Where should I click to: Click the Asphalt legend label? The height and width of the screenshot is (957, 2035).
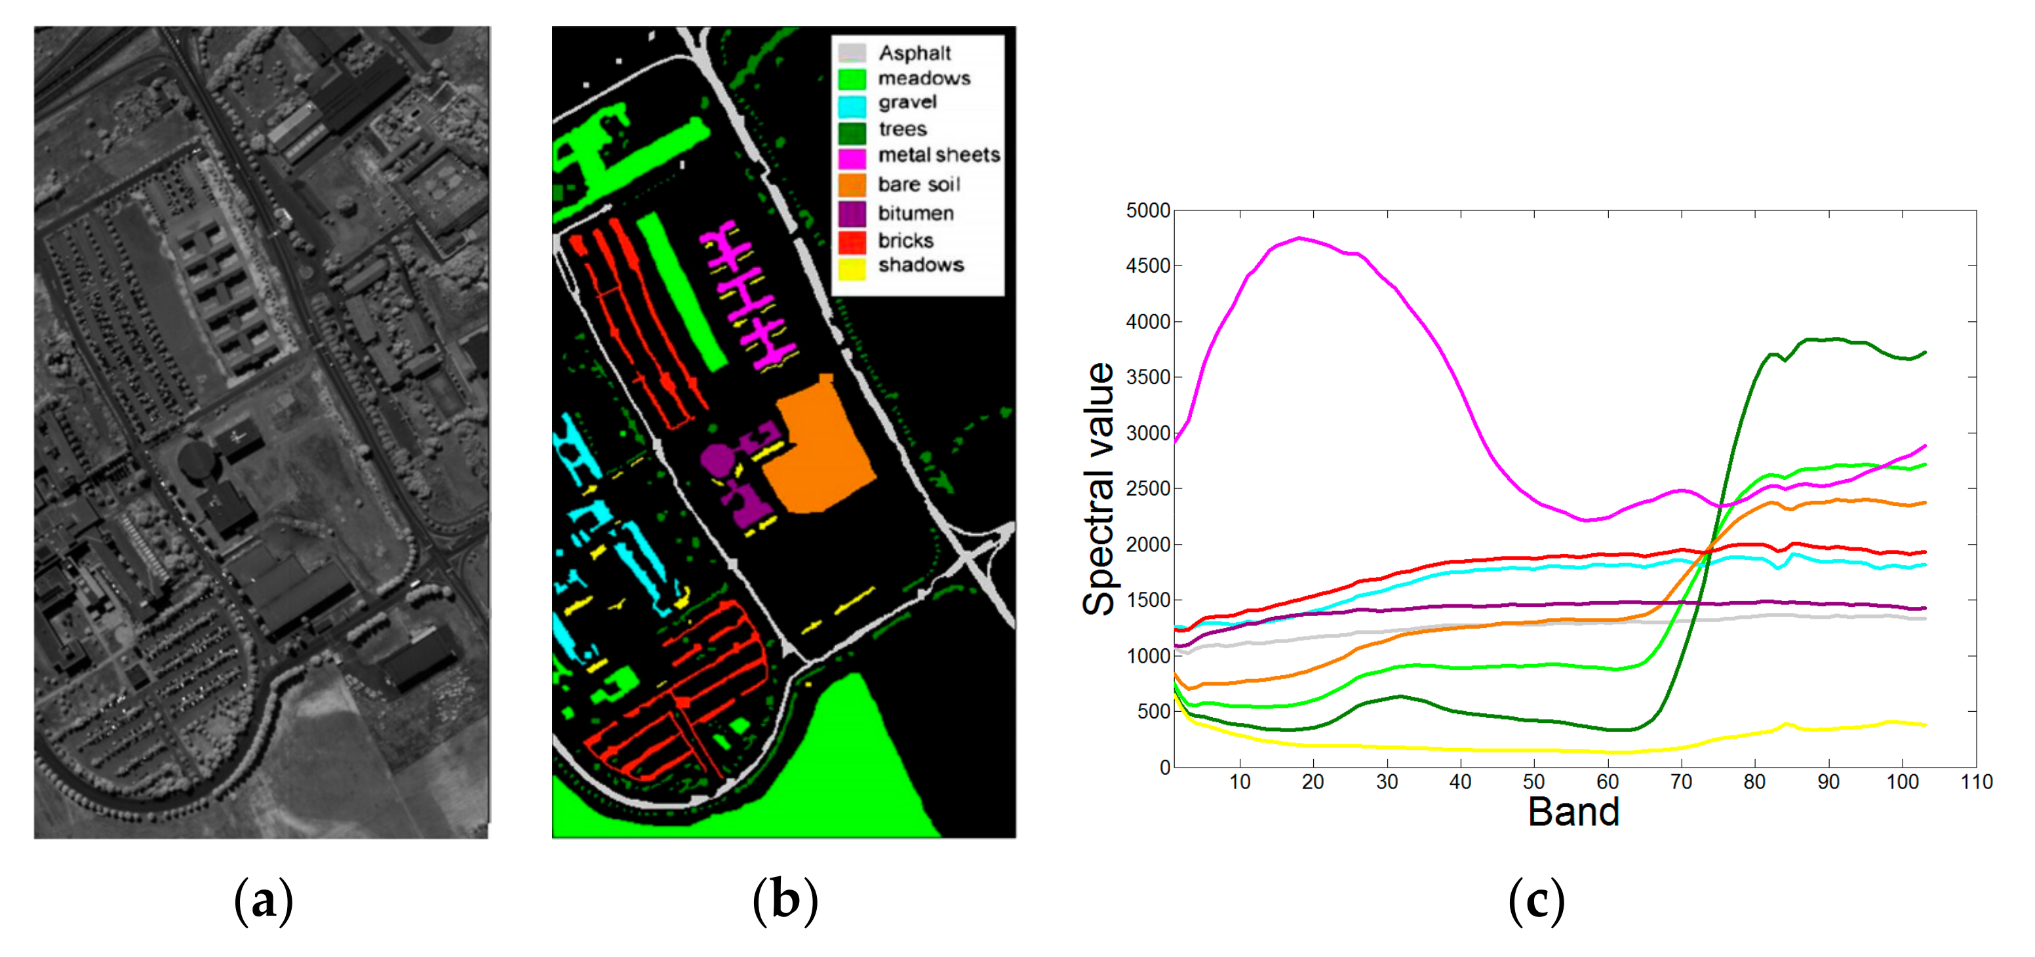[x=914, y=53]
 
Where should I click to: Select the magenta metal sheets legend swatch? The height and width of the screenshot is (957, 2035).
[x=852, y=157]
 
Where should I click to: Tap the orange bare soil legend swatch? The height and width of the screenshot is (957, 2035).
[x=852, y=185]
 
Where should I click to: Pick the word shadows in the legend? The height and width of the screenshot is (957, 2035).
[x=920, y=265]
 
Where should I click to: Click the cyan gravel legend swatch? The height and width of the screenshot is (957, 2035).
[x=852, y=104]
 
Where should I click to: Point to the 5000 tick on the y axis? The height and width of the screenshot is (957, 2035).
[x=1148, y=211]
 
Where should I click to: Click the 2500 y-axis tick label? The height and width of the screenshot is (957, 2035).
[x=1148, y=489]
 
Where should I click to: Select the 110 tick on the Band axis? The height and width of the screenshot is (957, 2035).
[x=1976, y=782]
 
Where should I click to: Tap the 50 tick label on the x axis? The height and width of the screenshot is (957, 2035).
[x=1533, y=782]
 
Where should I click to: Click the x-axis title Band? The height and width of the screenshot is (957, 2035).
[x=1573, y=811]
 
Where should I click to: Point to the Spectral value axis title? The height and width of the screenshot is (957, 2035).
[x=1099, y=489]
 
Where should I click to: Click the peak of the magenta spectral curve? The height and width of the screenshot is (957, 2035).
[x=1299, y=238]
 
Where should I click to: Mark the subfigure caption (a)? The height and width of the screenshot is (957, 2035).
[x=263, y=900]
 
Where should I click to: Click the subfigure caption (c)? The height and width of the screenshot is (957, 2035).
[x=1535, y=900]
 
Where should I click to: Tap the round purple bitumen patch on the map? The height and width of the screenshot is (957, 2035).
[x=717, y=459]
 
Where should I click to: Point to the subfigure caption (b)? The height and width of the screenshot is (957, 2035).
[x=785, y=900]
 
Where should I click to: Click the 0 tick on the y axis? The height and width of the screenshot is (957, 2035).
[x=1164, y=768]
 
